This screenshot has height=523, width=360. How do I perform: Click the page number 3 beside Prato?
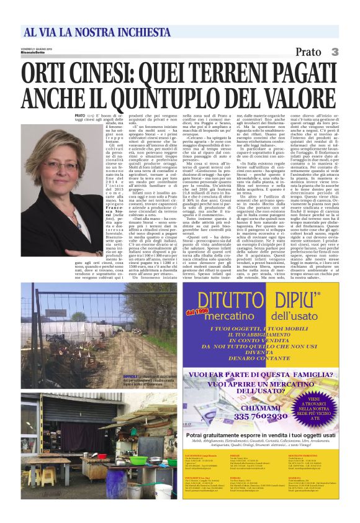(x=335, y=52)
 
